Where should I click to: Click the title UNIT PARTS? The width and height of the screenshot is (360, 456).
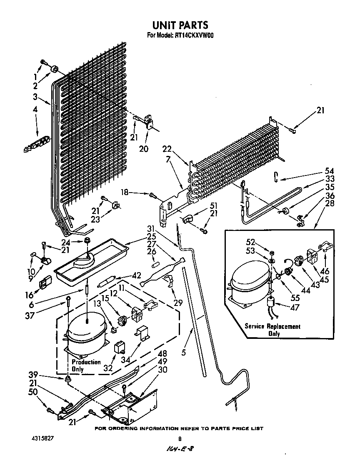coord(180,26)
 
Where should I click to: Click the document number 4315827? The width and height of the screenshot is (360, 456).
coord(42,439)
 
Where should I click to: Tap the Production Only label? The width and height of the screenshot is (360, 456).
coord(86,366)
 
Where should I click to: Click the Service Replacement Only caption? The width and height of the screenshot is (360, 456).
coord(272,330)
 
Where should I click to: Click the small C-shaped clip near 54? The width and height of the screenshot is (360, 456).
coord(276,177)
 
